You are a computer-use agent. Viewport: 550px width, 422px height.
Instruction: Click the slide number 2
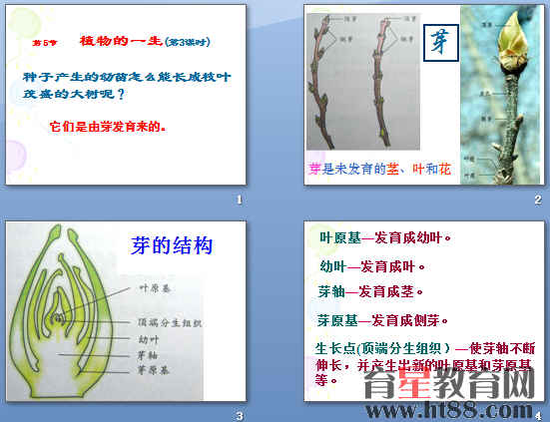pos(537,201)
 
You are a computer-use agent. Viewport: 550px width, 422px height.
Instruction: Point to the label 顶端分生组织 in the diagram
pos(168,323)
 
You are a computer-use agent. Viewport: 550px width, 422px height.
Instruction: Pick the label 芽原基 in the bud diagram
pos(152,369)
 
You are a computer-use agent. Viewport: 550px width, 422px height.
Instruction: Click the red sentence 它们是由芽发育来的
pos(107,128)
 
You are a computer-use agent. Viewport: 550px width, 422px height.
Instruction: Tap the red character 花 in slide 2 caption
pos(444,170)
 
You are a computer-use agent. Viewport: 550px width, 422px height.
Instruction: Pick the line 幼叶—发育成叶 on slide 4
pos(372,267)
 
